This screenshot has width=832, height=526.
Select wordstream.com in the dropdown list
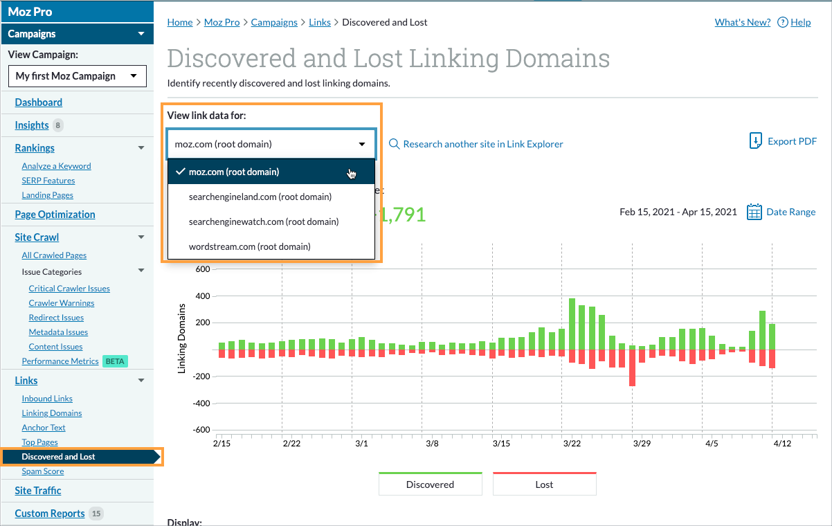coord(249,246)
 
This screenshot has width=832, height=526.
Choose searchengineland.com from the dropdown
coord(260,197)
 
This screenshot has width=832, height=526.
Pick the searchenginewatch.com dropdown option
coord(263,221)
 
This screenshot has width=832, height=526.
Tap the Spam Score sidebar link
coord(43,471)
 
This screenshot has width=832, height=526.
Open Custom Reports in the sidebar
coord(50,514)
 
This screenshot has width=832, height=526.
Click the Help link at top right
coord(800,22)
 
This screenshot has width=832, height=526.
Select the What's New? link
coord(742,22)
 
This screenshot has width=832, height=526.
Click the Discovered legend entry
coord(430,484)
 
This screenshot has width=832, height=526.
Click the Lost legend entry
coord(544,484)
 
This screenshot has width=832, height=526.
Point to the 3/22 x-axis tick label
coord(572,443)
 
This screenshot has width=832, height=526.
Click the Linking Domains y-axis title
coord(182,338)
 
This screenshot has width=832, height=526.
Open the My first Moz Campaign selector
coord(77,76)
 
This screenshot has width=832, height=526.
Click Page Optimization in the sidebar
coord(55,215)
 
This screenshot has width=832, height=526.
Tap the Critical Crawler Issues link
coord(69,289)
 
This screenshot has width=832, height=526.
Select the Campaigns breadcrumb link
coord(274,22)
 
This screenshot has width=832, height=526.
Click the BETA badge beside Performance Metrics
coord(115,361)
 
